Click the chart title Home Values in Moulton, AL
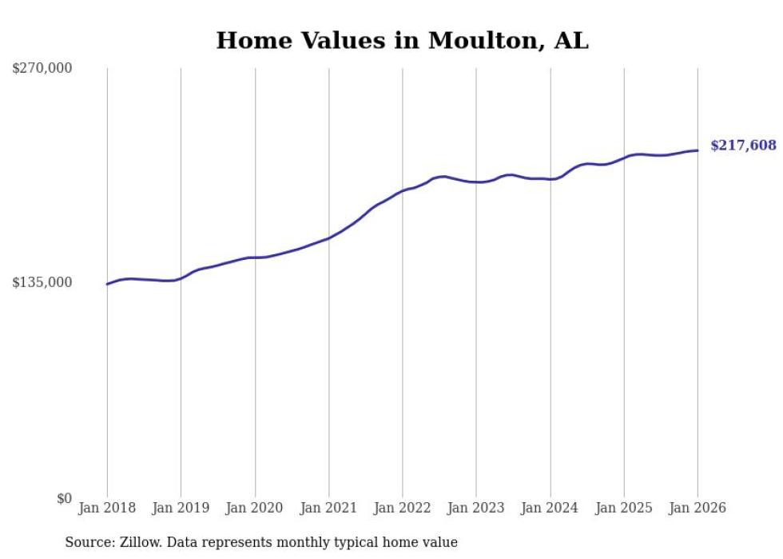click(402, 41)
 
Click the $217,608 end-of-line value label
click(743, 145)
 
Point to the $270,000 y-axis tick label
click(42, 68)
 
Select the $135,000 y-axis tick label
click(42, 282)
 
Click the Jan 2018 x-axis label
click(107, 508)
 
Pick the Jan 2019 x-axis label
click(181, 508)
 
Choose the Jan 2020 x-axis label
click(255, 508)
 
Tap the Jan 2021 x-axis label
click(328, 508)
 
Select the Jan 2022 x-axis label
click(402, 508)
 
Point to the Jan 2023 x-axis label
click(476, 508)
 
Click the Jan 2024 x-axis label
click(550, 508)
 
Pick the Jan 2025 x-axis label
click(623, 508)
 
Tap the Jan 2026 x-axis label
click(698, 508)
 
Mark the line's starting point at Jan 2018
click(107, 284)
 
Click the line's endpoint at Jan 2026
click(698, 150)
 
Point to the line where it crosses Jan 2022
click(403, 191)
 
